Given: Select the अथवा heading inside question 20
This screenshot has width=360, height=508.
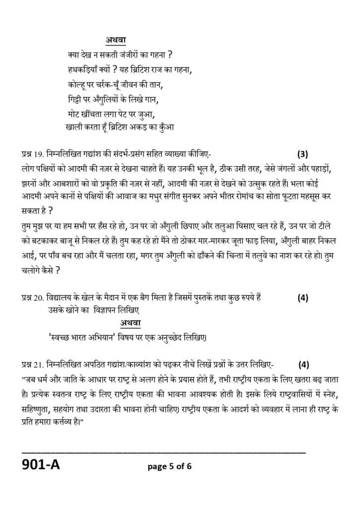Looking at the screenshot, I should pyautogui.click(x=131, y=323).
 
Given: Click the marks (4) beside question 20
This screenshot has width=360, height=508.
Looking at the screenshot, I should pyautogui.click(x=303, y=298).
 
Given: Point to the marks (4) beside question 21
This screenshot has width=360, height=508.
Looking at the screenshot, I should pyautogui.click(x=303, y=365).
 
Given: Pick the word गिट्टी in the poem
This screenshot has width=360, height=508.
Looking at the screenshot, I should pyautogui.click(x=74, y=97).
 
